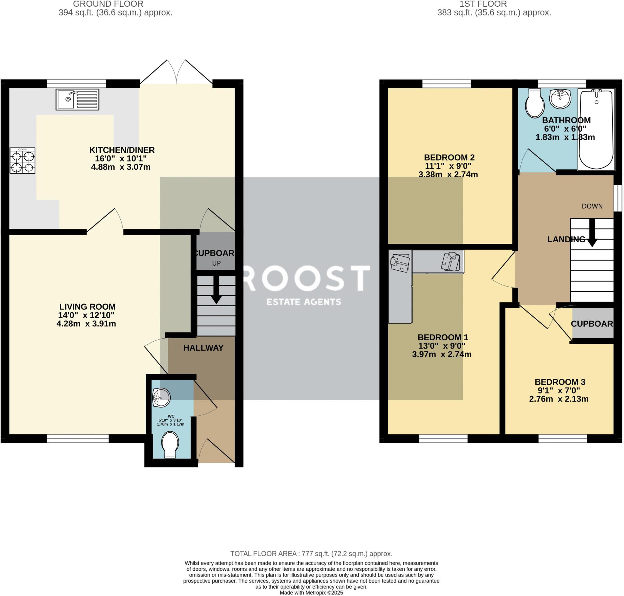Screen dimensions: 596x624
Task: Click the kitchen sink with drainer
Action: coord(77,99)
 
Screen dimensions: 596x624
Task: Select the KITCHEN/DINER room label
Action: coord(122,150)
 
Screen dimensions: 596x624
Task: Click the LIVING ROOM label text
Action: coord(87,307)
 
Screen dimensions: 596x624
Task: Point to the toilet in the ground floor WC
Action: coord(170,444)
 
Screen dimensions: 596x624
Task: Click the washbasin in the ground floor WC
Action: coord(161,397)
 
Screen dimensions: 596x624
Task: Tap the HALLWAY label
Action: coord(203,348)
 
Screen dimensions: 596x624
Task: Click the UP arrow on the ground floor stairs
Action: coord(216,289)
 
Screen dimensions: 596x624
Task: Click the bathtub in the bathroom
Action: coord(596,129)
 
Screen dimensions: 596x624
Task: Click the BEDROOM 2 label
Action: coord(449,157)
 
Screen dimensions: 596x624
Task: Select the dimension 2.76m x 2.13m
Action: coord(558,399)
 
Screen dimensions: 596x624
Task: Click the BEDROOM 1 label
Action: coord(443,337)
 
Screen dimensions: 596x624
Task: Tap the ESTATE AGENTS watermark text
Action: coord(304,302)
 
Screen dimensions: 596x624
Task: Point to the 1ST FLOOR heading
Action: coord(483,4)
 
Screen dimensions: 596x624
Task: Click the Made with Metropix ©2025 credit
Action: coord(311,593)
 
